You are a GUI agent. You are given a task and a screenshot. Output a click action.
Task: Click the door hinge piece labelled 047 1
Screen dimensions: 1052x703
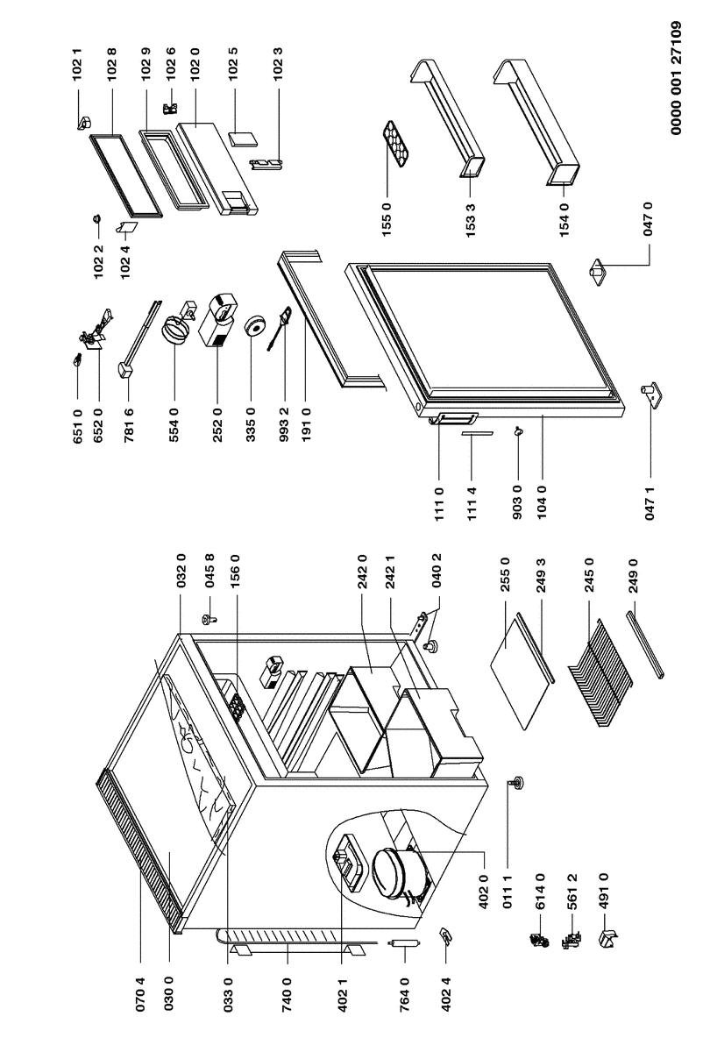650,395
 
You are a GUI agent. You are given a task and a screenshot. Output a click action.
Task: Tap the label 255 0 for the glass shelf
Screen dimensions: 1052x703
505,597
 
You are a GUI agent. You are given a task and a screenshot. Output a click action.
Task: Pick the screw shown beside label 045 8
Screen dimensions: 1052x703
211,619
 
